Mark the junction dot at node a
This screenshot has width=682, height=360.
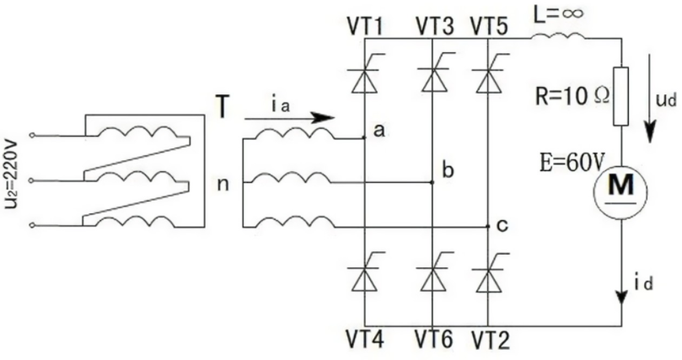click(x=363, y=137)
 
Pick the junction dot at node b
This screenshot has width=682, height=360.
click(x=432, y=180)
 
